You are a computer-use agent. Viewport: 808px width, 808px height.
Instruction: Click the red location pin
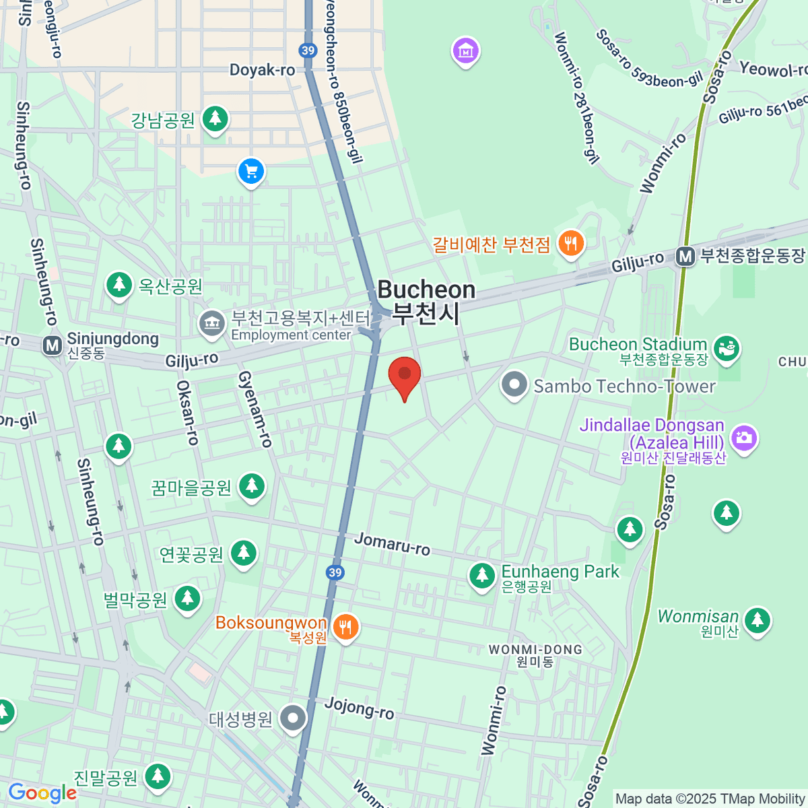405,376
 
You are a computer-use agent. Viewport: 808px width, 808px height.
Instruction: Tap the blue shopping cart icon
251,172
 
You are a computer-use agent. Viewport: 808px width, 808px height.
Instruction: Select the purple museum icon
465,50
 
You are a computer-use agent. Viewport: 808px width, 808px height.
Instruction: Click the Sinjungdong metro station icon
52,345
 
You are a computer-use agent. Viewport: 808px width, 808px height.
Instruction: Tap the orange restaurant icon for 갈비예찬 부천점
571,244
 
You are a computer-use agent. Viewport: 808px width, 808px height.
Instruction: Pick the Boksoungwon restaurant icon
345,628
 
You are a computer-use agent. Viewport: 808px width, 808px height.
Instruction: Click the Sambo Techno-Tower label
624,386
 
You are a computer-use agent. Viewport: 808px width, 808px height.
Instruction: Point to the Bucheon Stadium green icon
727,348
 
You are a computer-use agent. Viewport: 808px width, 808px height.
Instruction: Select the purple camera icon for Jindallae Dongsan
743,438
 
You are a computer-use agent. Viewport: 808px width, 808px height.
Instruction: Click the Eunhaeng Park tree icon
482,576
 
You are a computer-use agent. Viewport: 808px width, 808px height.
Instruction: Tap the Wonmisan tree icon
757,619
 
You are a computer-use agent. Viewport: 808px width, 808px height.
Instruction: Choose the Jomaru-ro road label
392,544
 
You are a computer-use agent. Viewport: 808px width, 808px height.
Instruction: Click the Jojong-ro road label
359,708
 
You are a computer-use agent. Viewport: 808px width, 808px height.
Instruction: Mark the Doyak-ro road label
262,70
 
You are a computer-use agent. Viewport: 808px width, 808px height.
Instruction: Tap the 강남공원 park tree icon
215,119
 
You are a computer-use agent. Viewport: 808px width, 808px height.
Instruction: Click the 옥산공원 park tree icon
119,285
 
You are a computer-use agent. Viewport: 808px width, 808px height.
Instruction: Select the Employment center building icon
211,323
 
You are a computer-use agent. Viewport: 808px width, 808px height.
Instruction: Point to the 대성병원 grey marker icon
293,718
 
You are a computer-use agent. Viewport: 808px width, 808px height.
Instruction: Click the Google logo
42,793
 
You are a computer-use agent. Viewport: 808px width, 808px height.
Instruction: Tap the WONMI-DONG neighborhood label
535,650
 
